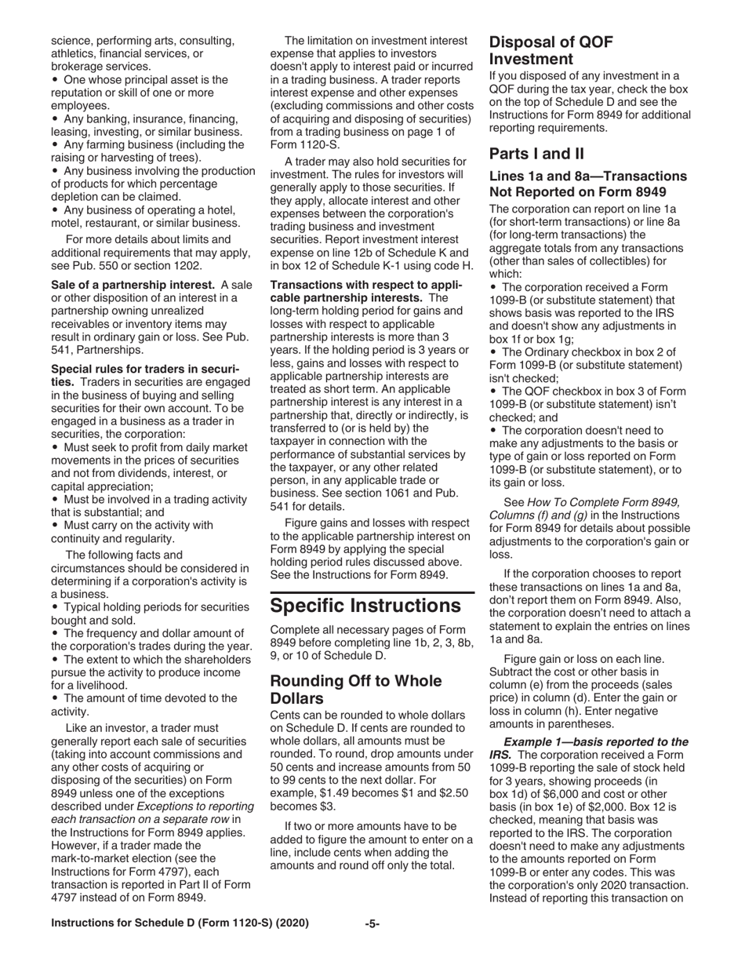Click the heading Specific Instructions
[x=365, y=606]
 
